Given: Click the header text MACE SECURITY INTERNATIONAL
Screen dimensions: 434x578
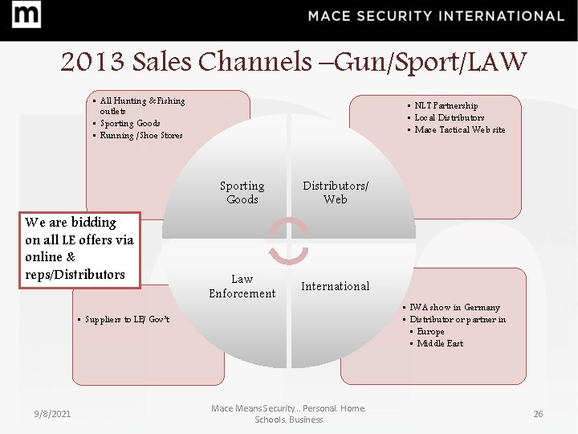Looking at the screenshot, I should (436, 16).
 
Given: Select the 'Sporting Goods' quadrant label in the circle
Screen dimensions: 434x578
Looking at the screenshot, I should (242, 192).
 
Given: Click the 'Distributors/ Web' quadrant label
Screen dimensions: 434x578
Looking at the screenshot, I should (336, 192).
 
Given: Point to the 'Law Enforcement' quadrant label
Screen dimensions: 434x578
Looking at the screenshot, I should (242, 286).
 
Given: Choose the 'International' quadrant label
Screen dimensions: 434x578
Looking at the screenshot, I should (335, 286).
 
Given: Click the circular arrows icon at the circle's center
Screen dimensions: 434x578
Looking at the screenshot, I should (288, 240).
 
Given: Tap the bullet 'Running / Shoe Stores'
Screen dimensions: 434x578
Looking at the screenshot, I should (140, 136).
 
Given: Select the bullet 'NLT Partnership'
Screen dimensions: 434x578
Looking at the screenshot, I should (446, 105).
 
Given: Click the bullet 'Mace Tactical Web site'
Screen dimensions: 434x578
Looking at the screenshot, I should (459, 129).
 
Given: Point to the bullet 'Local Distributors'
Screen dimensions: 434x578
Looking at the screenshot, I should (449, 117).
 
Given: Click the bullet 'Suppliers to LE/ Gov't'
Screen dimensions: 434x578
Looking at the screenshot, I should (128, 320).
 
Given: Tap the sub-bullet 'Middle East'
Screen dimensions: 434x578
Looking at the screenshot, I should (439, 343).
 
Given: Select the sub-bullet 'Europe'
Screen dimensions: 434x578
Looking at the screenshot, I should (430, 331).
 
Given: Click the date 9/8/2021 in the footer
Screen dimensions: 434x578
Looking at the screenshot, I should (52, 414).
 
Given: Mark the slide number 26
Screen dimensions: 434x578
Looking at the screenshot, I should (538, 414).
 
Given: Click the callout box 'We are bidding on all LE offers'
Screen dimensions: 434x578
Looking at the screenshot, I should (79, 248).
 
